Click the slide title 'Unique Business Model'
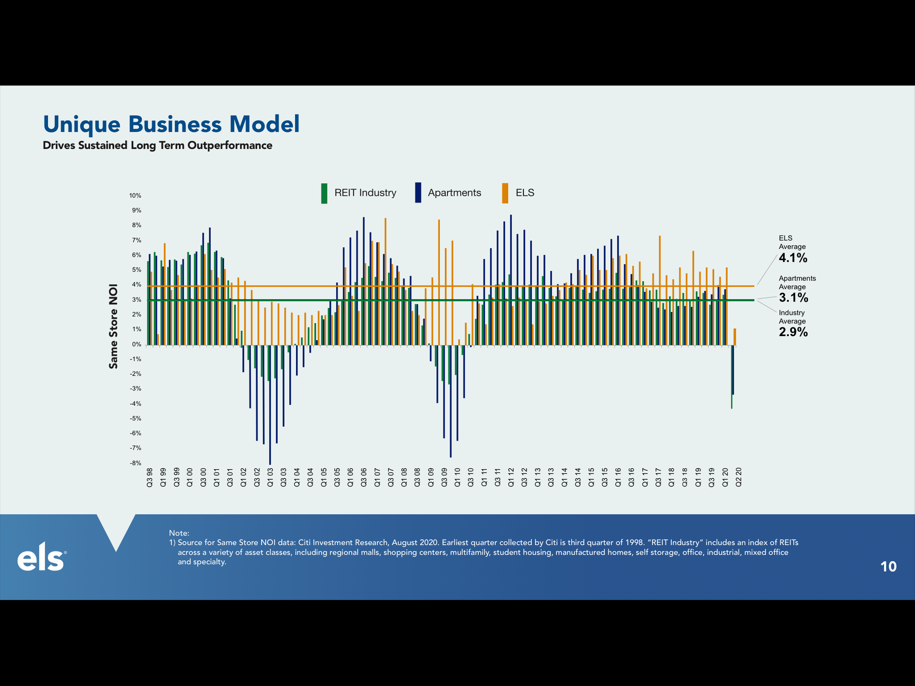tap(171, 124)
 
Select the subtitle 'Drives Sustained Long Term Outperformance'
tap(157, 145)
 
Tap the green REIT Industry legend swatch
tap(324, 193)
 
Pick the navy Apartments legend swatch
tap(418, 193)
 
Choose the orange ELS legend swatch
tap(505, 193)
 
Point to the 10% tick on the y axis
tap(135, 196)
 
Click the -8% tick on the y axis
tap(135, 463)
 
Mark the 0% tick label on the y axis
tap(136, 344)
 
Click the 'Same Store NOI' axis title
tap(113, 326)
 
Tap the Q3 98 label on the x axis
tap(149, 477)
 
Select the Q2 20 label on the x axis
tap(738, 477)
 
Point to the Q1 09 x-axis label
tap(431, 477)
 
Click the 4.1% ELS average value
tap(793, 258)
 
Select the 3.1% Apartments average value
tap(793, 298)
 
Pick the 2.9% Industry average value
tap(793, 332)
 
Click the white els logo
tap(41, 557)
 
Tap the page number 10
tap(888, 567)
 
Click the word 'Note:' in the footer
tap(179, 533)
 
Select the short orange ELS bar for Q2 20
tap(735, 337)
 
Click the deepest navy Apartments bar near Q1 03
tap(270, 407)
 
